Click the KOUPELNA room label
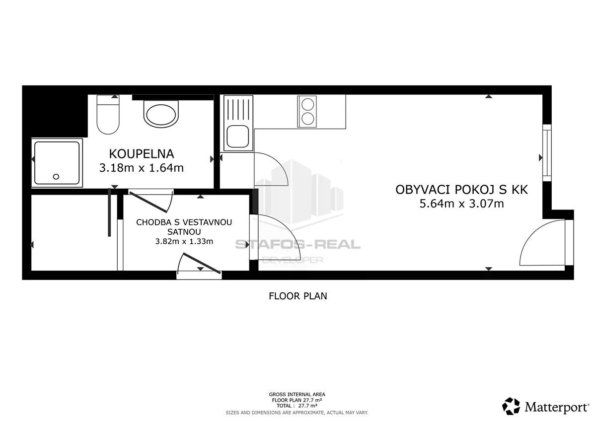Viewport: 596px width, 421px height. pyautogui.click(x=141, y=154)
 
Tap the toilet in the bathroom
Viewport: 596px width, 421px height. pyautogui.click(x=108, y=114)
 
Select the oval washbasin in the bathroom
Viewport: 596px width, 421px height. pyautogui.click(x=161, y=114)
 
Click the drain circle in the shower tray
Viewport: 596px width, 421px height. pyautogui.click(x=56, y=176)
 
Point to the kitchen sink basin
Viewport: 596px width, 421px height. pyautogui.click(x=238, y=136)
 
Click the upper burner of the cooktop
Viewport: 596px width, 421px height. pyautogui.click(x=308, y=104)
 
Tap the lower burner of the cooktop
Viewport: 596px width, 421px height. pyautogui.click(x=308, y=119)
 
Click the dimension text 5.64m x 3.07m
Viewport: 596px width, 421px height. pyautogui.click(x=461, y=204)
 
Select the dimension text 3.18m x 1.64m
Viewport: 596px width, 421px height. pyautogui.click(x=141, y=168)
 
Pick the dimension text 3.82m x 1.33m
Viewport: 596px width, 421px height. pyautogui.click(x=184, y=241)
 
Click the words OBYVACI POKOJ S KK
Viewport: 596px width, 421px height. pyautogui.click(x=461, y=190)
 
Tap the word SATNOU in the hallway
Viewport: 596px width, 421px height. pyautogui.click(x=184, y=232)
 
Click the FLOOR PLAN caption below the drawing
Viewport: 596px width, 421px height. pyautogui.click(x=298, y=296)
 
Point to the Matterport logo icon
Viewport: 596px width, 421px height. pyautogui.click(x=511, y=406)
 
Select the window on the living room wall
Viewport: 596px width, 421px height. pyautogui.click(x=547, y=153)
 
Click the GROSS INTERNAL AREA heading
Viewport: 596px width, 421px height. pyautogui.click(x=297, y=394)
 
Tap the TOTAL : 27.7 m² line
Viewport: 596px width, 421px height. pyautogui.click(x=297, y=406)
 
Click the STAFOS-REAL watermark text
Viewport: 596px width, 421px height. pyautogui.click(x=298, y=244)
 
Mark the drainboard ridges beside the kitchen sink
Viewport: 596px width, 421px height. pyautogui.click(x=238, y=110)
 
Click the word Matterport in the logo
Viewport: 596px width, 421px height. pyautogui.click(x=557, y=407)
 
